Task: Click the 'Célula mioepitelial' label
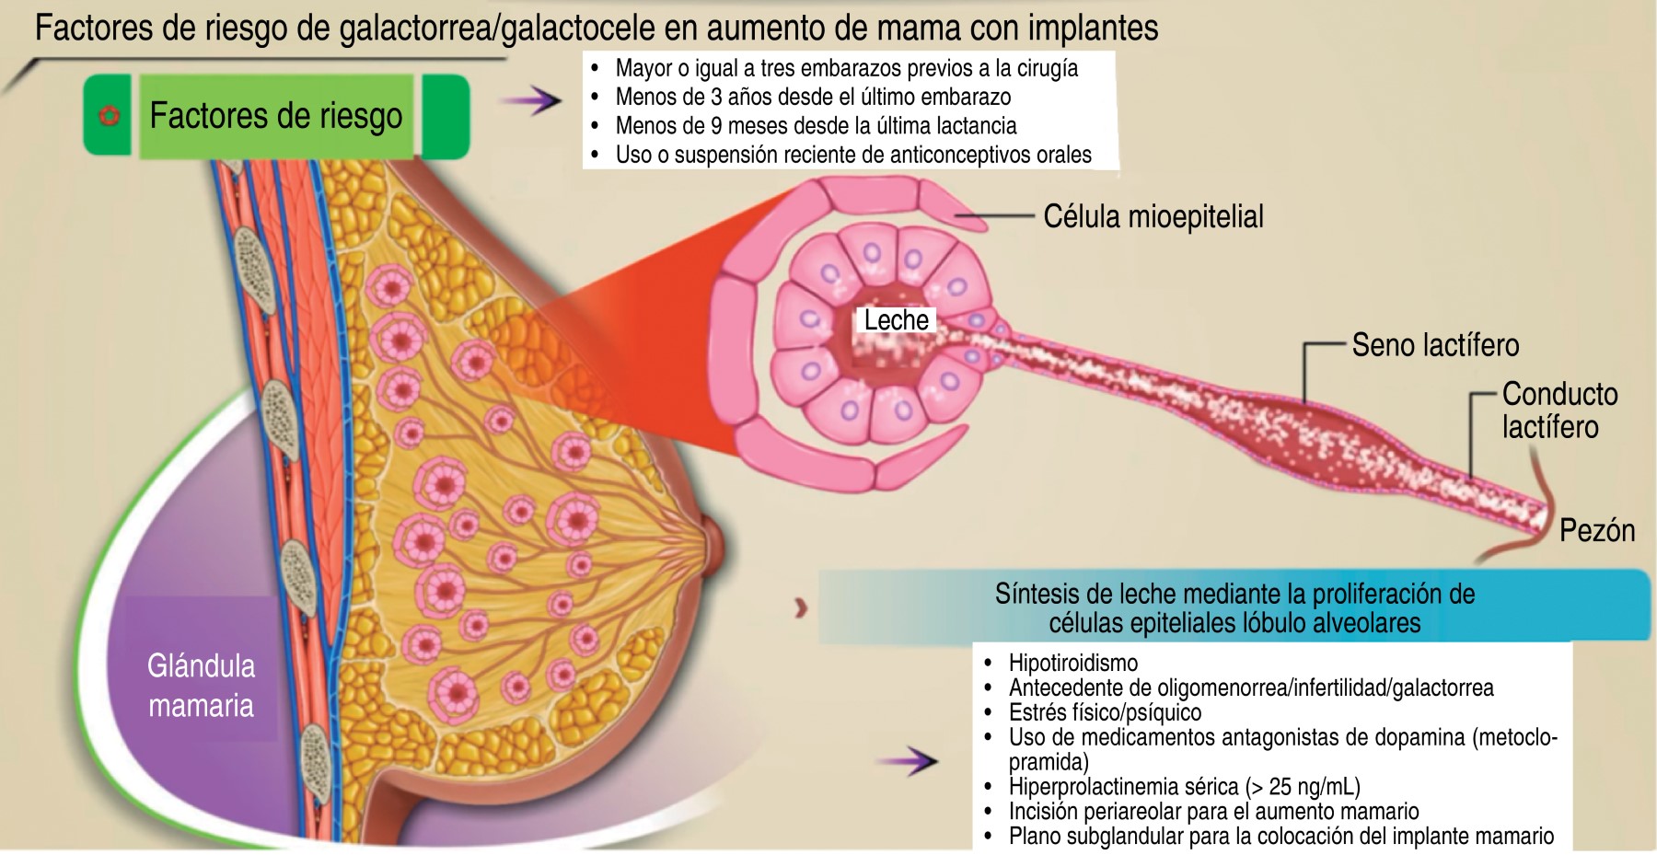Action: [x=1153, y=217]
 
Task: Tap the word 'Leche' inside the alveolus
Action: [x=896, y=320]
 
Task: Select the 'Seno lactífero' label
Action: [x=1435, y=345]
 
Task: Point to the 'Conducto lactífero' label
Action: [x=1559, y=410]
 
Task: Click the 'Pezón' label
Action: [x=1596, y=531]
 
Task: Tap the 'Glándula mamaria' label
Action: [x=201, y=686]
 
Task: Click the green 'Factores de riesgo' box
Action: [x=276, y=116]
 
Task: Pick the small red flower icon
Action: [x=110, y=116]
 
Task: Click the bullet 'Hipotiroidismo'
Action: [x=1072, y=663]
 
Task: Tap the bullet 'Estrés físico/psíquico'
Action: [x=1105, y=712]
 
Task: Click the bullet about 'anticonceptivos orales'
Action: [x=852, y=155]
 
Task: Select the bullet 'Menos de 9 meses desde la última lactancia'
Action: [x=816, y=126]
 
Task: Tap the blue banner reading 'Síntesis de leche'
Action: [x=1234, y=607]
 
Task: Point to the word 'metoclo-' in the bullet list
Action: [x=1511, y=737]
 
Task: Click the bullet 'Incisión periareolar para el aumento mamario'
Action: [x=1213, y=812]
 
